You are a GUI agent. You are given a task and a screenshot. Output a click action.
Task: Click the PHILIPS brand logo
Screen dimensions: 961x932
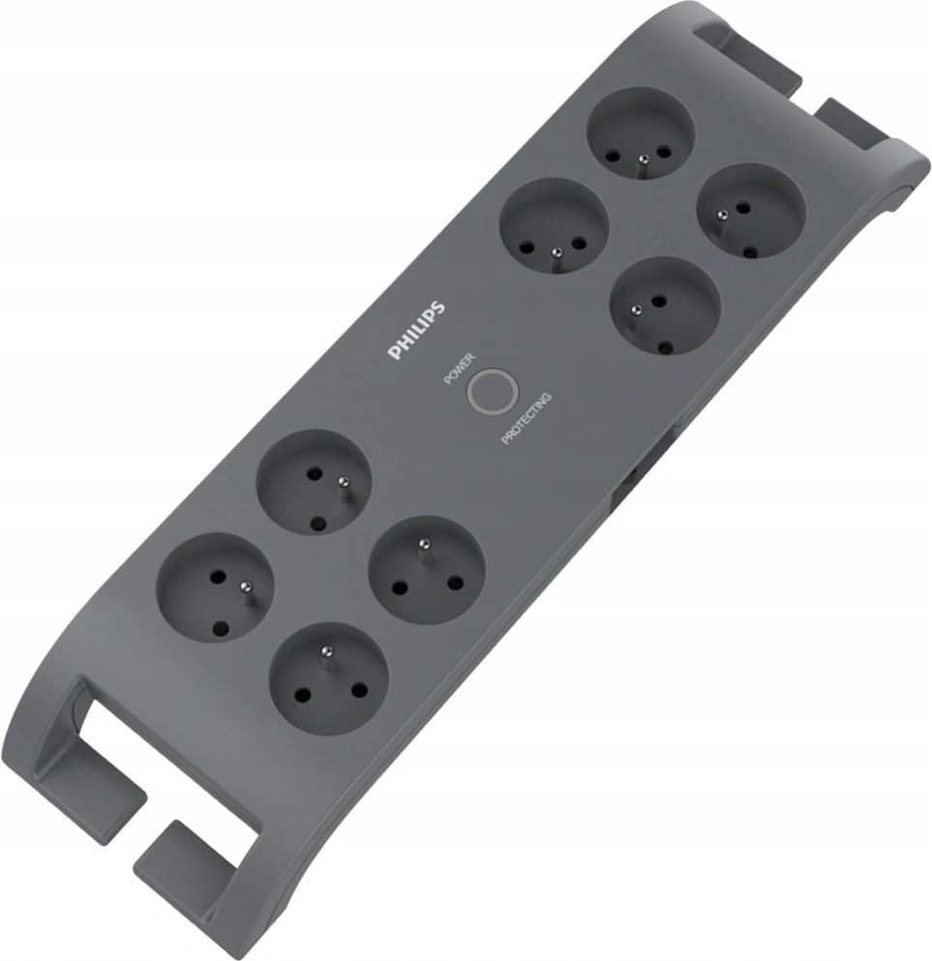[417, 330]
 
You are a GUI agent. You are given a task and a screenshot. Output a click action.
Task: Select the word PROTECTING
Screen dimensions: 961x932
[526, 419]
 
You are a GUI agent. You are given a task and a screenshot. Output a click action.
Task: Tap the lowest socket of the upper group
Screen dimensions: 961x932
[663, 307]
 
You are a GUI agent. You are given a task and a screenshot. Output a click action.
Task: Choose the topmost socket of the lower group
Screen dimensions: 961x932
[314, 484]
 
